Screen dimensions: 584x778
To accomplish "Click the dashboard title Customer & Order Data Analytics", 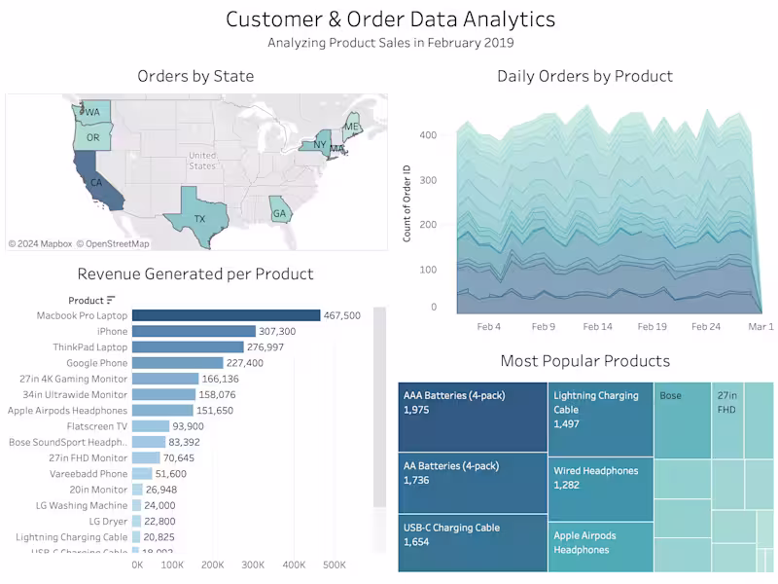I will (x=390, y=18).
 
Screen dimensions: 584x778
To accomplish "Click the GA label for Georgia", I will (x=280, y=213).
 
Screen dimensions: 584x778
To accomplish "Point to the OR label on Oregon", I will (x=93, y=138).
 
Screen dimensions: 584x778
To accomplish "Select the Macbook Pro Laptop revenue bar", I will (x=226, y=315).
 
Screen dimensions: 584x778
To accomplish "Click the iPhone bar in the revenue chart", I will (x=194, y=331).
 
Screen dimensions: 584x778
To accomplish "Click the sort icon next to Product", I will (x=111, y=300).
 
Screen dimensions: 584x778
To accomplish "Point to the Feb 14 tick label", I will (x=598, y=327).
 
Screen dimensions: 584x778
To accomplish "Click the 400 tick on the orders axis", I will (x=428, y=135).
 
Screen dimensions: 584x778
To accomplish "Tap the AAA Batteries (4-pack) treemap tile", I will (x=473, y=417).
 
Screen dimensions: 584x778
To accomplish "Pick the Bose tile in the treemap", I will (x=681, y=419).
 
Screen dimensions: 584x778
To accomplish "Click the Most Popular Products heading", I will (x=584, y=361).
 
